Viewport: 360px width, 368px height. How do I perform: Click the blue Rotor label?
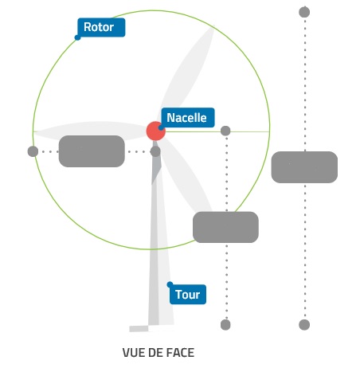click(101, 27)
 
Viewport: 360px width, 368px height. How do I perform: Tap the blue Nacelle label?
click(188, 118)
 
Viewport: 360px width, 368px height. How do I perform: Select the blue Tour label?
click(188, 295)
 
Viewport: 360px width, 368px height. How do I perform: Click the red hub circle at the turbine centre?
click(156, 131)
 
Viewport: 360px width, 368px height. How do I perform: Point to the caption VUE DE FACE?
click(158, 353)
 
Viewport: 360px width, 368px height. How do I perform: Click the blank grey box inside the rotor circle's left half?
click(92, 151)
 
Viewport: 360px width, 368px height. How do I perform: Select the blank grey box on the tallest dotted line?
click(304, 167)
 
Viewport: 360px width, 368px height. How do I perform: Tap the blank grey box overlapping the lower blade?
click(225, 227)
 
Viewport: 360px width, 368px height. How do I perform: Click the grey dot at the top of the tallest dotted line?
click(304, 12)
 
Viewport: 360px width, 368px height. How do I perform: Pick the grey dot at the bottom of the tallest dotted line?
click(304, 325)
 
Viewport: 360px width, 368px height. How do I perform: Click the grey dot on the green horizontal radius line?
click(225, 131)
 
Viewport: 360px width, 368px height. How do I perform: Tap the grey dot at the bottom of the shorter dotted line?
click(225, 325)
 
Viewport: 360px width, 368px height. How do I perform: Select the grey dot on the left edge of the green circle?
click(33, 151)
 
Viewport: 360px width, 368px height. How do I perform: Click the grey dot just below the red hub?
click(155, 151)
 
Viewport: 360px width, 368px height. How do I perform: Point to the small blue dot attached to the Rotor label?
click(77, 37)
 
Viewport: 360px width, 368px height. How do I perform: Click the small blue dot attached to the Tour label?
click(170, 284)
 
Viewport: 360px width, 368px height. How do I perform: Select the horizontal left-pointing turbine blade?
click(90, 131)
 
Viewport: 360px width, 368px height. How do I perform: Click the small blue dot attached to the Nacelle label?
click(161, 127)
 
